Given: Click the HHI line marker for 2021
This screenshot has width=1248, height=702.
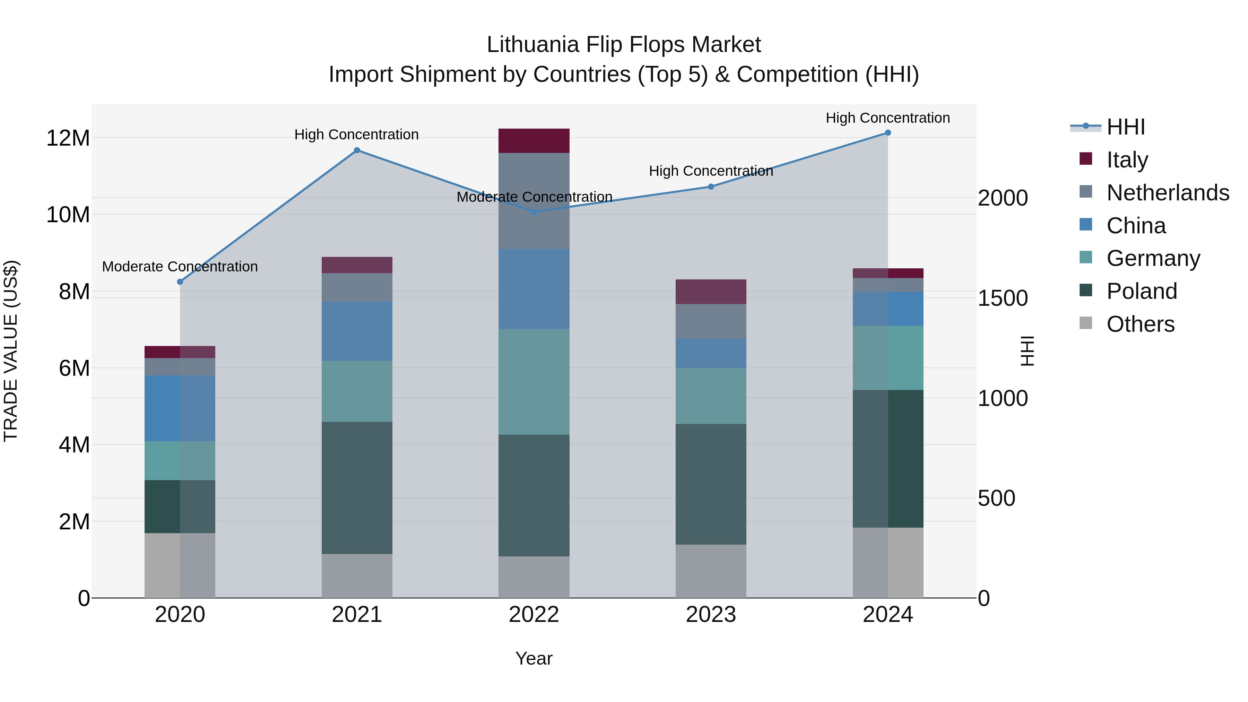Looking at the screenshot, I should (357, 150).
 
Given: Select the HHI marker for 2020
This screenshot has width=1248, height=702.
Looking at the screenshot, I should (180, 281).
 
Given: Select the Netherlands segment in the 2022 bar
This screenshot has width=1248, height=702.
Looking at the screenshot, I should (534, 201).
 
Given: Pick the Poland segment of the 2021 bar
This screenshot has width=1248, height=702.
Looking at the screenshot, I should (357, 487).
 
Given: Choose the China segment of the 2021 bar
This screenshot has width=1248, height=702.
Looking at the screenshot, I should (357, 331).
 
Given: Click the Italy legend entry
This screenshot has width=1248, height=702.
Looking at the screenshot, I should (1127, 159).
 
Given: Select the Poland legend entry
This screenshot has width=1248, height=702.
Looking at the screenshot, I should (1142, 291).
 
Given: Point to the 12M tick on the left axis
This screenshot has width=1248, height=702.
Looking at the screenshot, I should (68, 138).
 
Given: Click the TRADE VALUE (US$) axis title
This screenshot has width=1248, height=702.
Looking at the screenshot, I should (11, 351).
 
